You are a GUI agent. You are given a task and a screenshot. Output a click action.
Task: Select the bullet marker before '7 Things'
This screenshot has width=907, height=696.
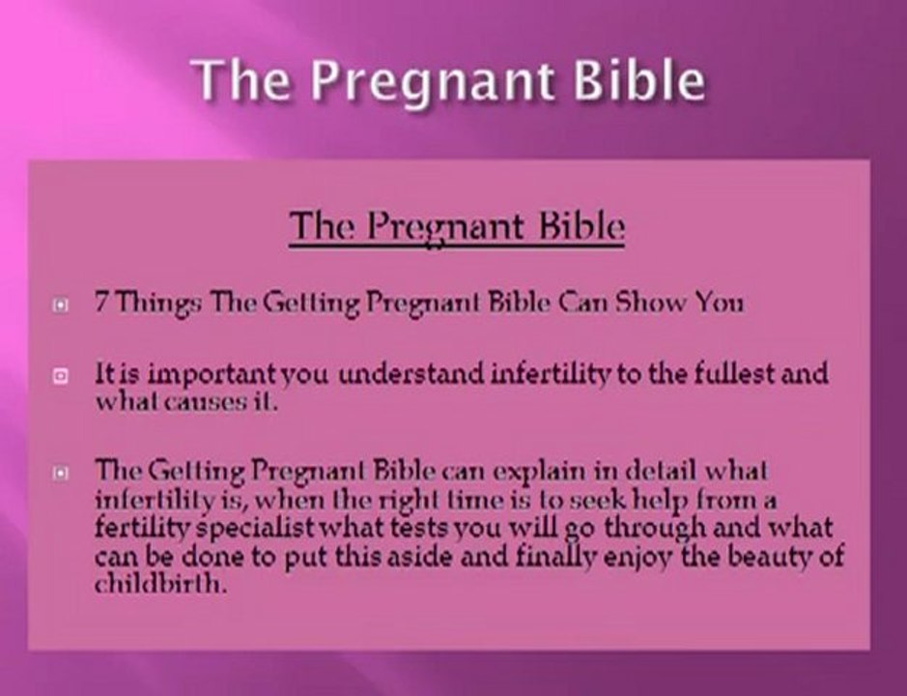click(x=61, y=304)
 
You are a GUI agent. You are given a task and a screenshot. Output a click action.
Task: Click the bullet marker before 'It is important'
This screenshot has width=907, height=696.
click(x=61, y=376)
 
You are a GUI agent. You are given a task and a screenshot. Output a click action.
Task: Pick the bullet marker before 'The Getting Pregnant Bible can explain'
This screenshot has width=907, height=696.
click(x=61, y=473)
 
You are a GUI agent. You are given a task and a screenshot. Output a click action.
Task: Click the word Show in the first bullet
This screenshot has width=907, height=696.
click(x=651, y=302)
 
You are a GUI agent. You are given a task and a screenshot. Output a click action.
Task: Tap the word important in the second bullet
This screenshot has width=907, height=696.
click(x=212, y=375)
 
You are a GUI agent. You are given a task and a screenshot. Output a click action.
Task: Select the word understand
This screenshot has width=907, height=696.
click(x=411, y=373)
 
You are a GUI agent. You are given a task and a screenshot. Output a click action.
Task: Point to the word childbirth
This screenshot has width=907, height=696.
click(x=159, y=583)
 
